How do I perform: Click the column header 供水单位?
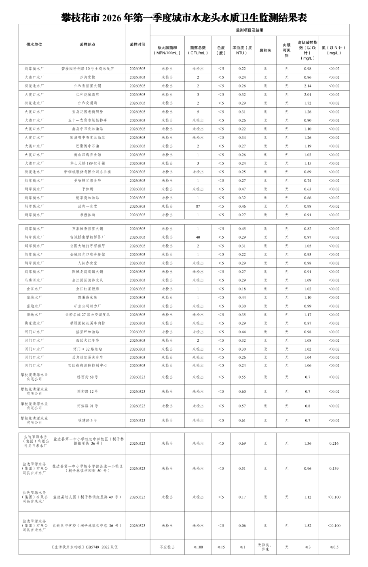[x=34, y=45]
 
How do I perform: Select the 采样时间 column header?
[x=137, y=45]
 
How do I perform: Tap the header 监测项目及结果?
[x=250, y=30]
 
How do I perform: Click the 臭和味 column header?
[x=265, y=50]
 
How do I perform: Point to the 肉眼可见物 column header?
[x=287, y=50]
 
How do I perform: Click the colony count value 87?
[x=198, y=207]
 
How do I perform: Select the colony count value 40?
[x=198, y=237]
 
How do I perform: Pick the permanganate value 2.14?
[x=308, y=86]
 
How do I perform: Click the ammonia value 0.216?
[x=334, y=443]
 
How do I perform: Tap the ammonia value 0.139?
[x=334, y=469]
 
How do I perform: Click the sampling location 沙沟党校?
[x=87, y=77]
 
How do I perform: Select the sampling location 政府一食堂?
[x=87, y=207]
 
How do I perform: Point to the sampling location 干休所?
[x=87, y=189]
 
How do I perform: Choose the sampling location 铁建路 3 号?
[x=87, y=420]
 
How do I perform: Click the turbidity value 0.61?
[x=242, y=420]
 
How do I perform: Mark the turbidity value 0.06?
[x=242, y=526]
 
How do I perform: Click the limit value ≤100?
[x=198, y=547]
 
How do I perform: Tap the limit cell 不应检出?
[x=167, y=547]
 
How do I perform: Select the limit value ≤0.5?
[x=334, y=547]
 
